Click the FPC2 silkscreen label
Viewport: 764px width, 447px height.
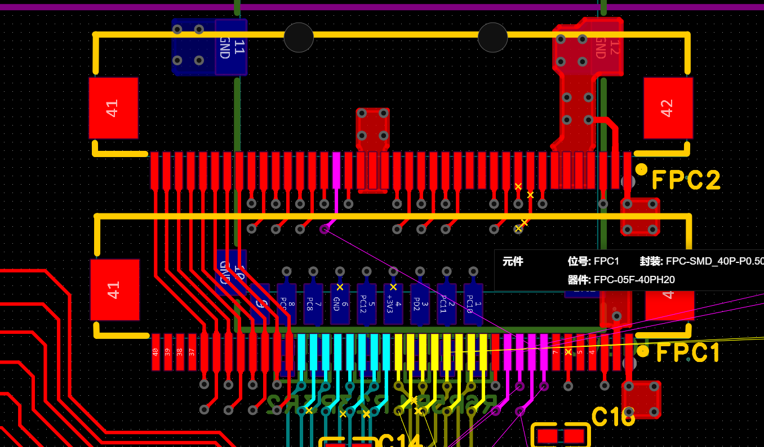coord(686,181)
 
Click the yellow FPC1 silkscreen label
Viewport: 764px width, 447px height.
coord(688,353)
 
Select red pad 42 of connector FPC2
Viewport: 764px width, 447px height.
coord(668,108)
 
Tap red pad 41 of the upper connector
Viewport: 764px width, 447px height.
coord(113,108)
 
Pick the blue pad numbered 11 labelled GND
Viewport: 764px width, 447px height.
coord(231,47)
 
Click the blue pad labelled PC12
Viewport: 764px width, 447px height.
coord(366,304)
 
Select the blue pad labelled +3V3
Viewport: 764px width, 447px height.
coord(393,304)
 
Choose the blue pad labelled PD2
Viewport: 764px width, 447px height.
coord(420,304)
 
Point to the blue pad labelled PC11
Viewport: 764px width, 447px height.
coord(446,304)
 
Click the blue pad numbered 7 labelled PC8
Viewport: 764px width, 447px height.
coord(313,304)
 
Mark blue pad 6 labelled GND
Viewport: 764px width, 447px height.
coord(340,304)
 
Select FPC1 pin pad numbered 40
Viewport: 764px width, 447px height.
coord(156,352)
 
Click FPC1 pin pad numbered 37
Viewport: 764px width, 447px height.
coord(192,352)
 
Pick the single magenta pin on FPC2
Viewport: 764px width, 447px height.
coord(336,170)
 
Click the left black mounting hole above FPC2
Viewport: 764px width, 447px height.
coord(299,38)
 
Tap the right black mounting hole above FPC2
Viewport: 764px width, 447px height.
coord(492,38)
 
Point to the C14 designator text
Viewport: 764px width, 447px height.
coord(401,441)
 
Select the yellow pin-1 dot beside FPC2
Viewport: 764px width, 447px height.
coord(641,169)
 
